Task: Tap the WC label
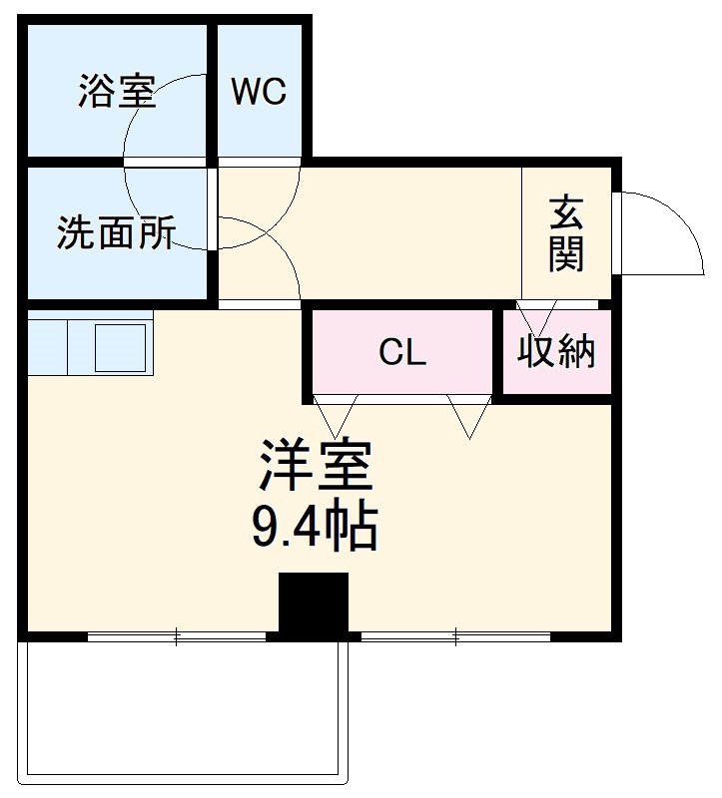(x=259, y=92)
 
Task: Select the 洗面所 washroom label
(x=116, y=232)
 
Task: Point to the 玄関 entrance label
(x=565, y=235)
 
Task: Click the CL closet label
(x=402, y=352)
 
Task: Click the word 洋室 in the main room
(x=315, y=466)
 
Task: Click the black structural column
(x=313, y=603)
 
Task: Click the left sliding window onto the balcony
(x=177, y=635)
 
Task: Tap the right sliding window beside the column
(x=455, y=635)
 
